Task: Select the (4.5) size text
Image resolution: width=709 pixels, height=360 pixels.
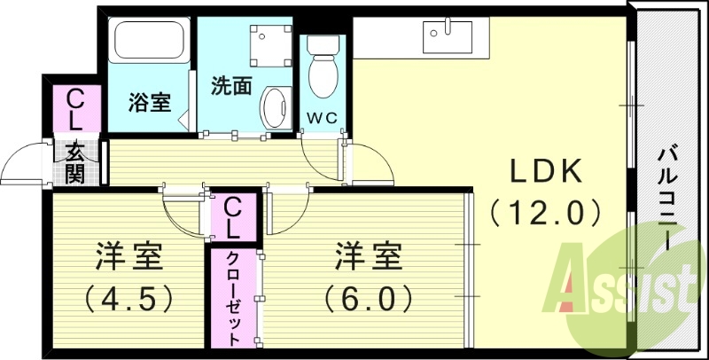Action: [129, 298]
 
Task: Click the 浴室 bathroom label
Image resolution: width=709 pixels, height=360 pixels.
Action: [149, 103]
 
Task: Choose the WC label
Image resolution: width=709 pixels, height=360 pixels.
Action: [320, 117]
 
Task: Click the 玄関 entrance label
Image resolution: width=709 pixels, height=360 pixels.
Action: [74, 162]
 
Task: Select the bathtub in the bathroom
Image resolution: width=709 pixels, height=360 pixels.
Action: [149, 43]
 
